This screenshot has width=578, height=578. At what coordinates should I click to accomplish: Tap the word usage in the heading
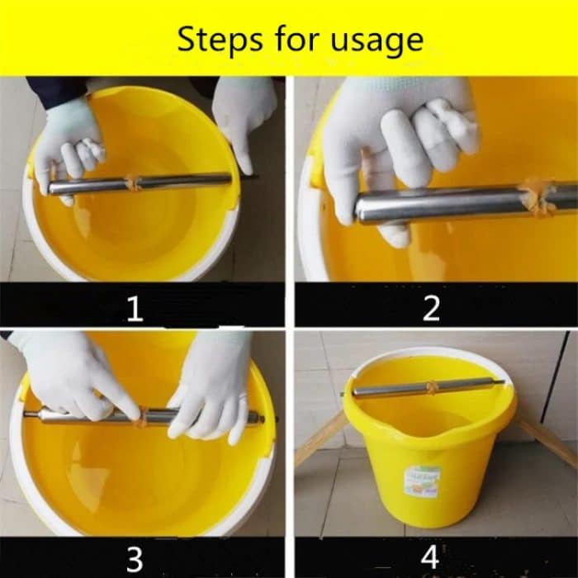pyautogui.click(x=377, y=40)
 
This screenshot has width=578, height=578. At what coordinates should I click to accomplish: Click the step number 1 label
pyautogui.click(x=135, y=309)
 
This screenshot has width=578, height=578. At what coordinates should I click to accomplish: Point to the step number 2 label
pyautogui.click(x=431, y=309)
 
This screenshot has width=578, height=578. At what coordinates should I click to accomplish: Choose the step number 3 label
pyautogui.click(x=135, y=559)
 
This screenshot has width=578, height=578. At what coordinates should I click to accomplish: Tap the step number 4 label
pyautogui.click(x=430, y=557)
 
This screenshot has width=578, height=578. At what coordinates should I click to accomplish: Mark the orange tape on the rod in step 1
pyautogui.click(x=133, y=182)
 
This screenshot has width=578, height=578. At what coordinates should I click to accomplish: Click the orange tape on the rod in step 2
pyautogui.click(x=538, y=198)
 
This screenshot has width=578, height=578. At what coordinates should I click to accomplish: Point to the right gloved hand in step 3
pyautogui.click(x=211, y=384)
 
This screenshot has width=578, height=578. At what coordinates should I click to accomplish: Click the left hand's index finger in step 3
pyautogui.click(x=124, y=396)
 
